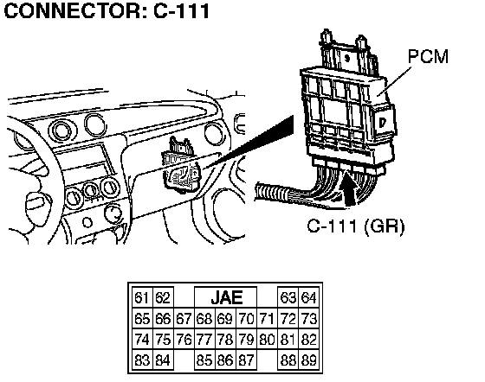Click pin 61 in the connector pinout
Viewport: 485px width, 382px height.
(x=142, y=298)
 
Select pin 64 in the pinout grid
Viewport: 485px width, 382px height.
(x=308, y=298)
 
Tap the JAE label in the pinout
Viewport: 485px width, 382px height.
(x=226, y=298)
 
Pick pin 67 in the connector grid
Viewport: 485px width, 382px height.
(x=184, y=318)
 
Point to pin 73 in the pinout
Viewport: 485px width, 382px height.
(x=308, y=318)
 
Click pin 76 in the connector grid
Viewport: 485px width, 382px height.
(x=184, y=340)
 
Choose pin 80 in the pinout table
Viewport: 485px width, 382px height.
(x=267, y=340)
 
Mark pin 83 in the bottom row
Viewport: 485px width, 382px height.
(x=142, y=360)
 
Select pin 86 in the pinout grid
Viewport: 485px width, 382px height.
(x=225, y=360)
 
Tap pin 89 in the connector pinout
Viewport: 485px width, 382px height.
(x=308, y=360)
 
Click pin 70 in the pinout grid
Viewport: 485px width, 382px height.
(x=246, y=318)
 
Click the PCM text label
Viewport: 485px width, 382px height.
(x=428, y=56)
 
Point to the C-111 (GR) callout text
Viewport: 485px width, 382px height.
(x=356, y=226)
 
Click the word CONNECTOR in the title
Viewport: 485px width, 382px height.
(x=73, y=10)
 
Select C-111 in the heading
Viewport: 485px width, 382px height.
(x=182, y=10)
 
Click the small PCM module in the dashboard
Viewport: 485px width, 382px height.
(x=182, y=167)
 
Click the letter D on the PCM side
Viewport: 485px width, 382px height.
(x=383, y=123)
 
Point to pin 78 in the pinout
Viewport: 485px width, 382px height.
(x=225, y=340)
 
